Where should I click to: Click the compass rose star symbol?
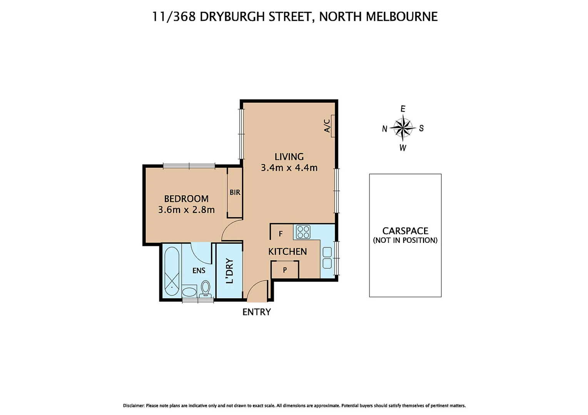pyautogui.click(x=403, y=128)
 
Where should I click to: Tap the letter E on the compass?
pyautogui.click(x=403, y=109)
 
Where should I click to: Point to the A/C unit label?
pyautogui.click(x=327, y=126)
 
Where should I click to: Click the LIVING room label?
pyautogui.click(x=289, y=157)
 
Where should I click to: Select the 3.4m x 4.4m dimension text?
pyautogui.click(x=289, y=168)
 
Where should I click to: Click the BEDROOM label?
pyautogui.click(x=186, y=199)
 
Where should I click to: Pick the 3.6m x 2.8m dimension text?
pyautogui.click(x=186, y=210)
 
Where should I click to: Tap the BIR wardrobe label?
pyautogui.click(x=235, y=193)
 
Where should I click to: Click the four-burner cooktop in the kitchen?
pyautogui.click(x=303, y=232)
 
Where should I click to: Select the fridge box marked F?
pyautogui.click(x=281, y=234)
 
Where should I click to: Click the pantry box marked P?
pyautogui.click(x=285, y=270)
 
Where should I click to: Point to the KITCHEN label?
pyautogui.click(x=287, y=252)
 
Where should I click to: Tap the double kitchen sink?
pyautogui.click(x=327, y=258)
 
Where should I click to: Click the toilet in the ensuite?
pyautogui.click(x=205, y=289)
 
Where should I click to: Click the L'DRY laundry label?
pyautogui.click(x=230, y=271)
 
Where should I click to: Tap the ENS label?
pyautogui.click(x=199, y=271)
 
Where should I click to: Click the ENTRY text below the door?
pyautogui.click(x=257, y=312)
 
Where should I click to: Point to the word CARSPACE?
pyautogui.click(x=405, y=231)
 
